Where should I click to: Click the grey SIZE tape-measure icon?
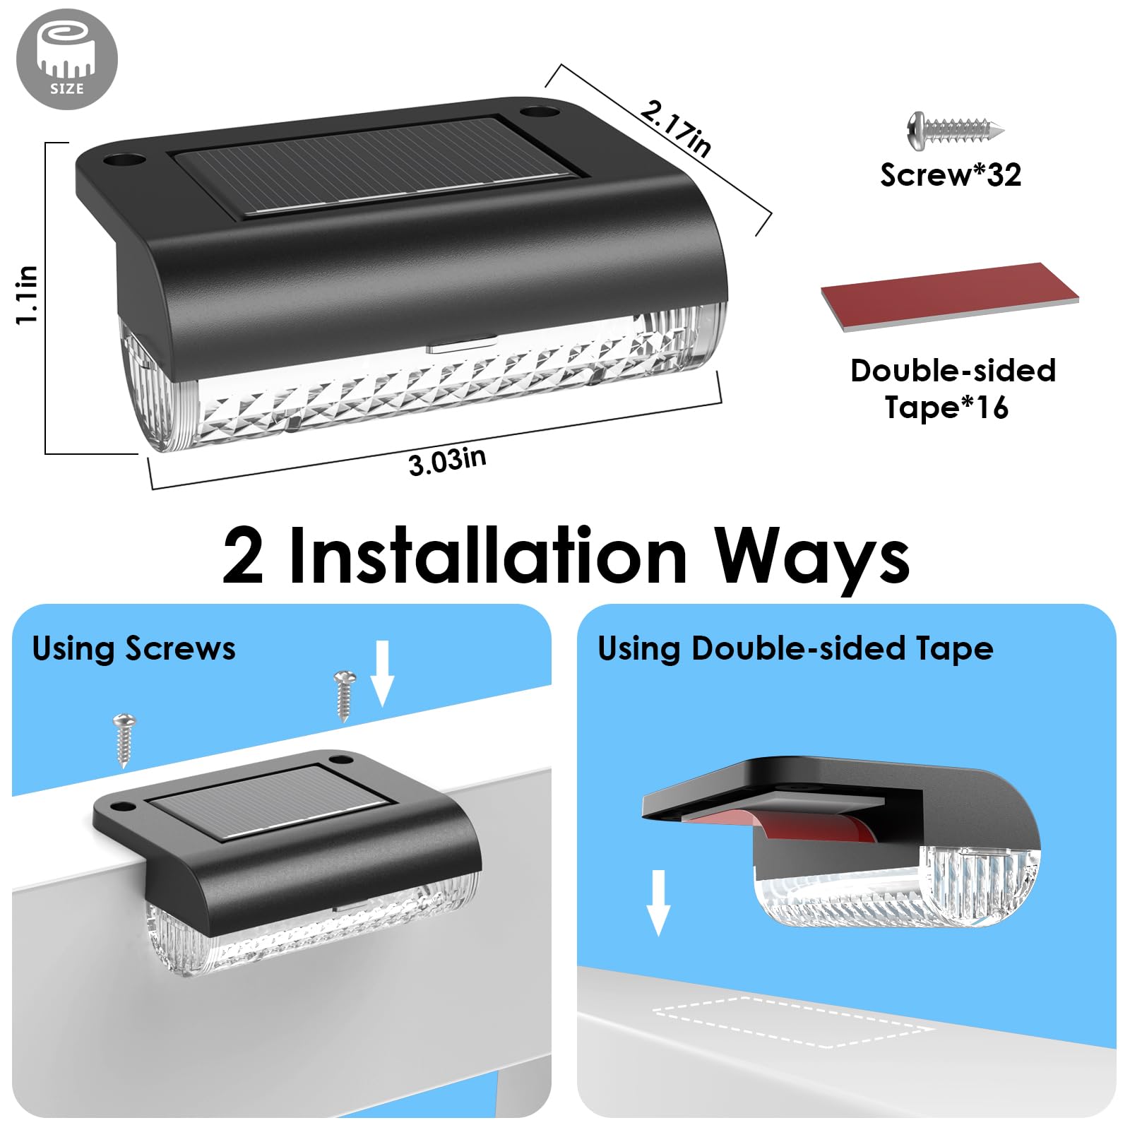(67, 59)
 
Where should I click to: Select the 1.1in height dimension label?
(27, 295)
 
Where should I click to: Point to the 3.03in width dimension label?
(448, 461)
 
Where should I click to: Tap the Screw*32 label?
(951, 174)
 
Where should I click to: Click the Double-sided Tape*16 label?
(953, 389)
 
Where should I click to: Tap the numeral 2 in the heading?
(244, 557)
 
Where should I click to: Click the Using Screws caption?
(133, 648)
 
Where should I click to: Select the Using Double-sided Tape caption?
(795, 648)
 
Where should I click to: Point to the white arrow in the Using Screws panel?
(382, 673)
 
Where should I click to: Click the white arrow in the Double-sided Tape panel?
(658, 903)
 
